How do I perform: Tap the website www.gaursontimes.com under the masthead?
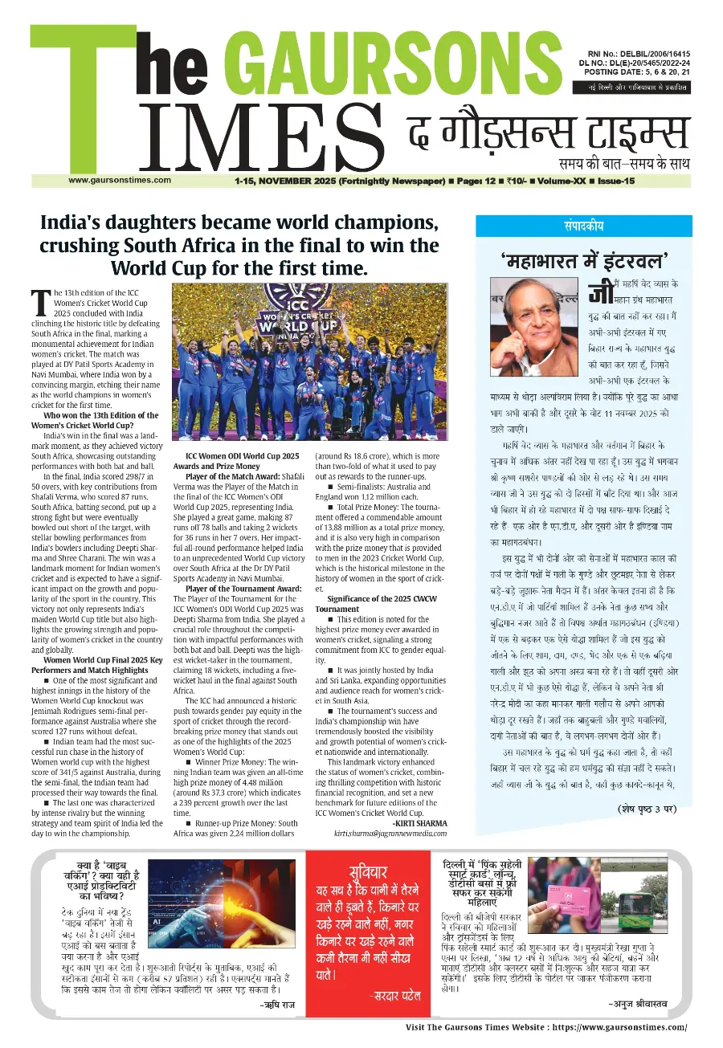click(120, 180)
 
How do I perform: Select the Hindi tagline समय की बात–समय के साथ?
click(624, 164)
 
